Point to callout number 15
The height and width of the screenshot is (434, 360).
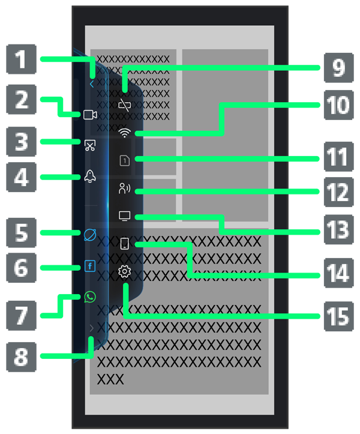coord(339,316)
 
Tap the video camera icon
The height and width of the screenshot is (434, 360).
coord(90,115)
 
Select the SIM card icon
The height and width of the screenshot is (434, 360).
coord(125,160)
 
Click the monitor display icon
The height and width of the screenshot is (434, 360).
coord(125,215)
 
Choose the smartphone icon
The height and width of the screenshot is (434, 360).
coord(125,244)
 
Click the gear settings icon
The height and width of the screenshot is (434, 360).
coord(125,272)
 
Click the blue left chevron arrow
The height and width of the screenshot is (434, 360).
coord(91,85)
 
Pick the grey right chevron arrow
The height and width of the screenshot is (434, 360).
coord(91,328)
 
